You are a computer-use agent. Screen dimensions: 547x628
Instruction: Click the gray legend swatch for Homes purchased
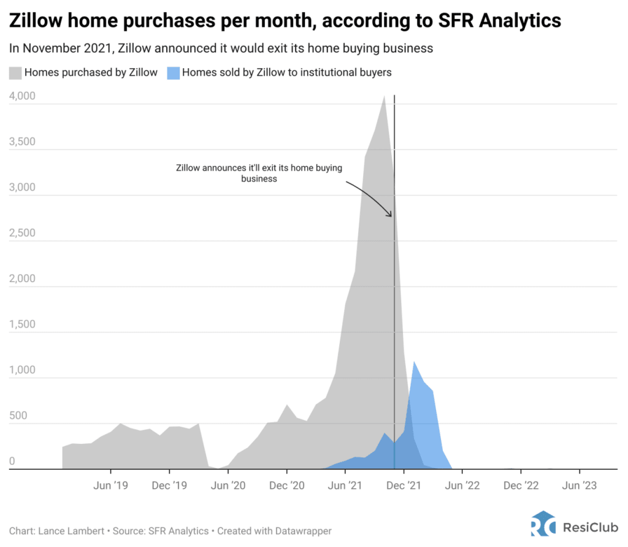15,73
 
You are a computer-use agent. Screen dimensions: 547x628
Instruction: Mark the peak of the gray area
384,96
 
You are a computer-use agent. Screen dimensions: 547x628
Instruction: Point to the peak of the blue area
415,362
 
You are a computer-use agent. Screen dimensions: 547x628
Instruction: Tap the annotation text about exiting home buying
259,173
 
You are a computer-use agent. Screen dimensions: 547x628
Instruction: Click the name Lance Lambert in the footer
65,530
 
